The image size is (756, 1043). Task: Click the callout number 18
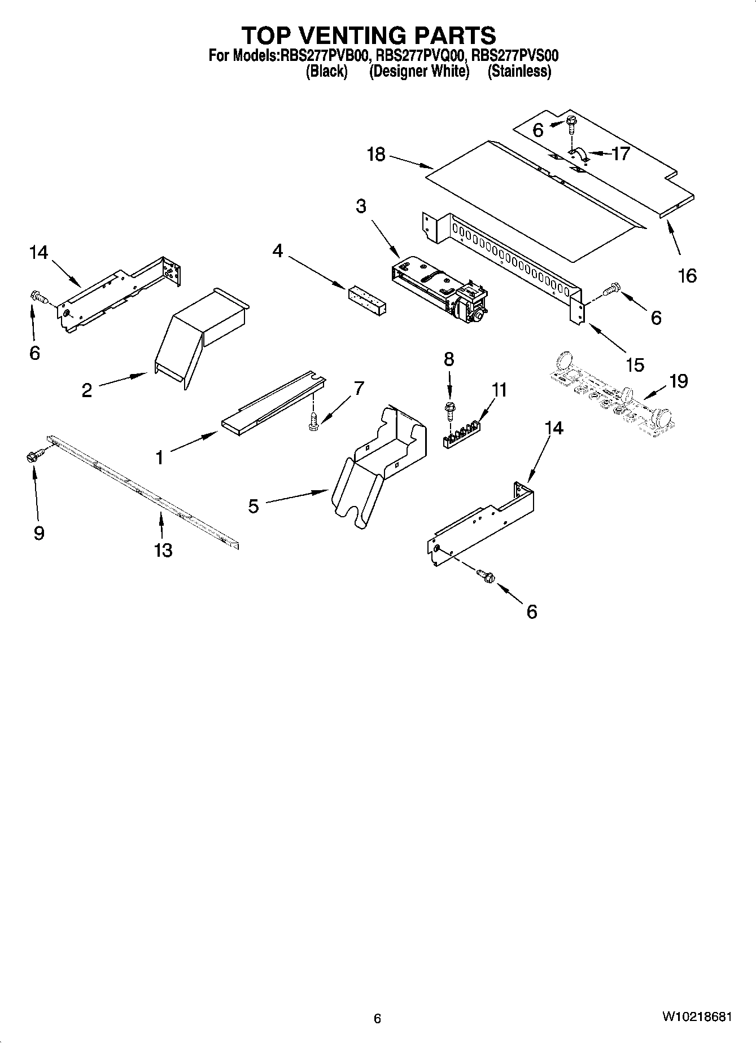[376, 154]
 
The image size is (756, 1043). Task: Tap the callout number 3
[361, 206]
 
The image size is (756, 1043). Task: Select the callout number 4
[278, 250]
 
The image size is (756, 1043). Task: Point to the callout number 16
[687, 276]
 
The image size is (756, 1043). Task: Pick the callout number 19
[678, 381]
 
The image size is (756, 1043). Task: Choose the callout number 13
[163, 550]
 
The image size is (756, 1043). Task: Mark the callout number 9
[39, 533]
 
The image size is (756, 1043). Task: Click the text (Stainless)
[519, 72]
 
